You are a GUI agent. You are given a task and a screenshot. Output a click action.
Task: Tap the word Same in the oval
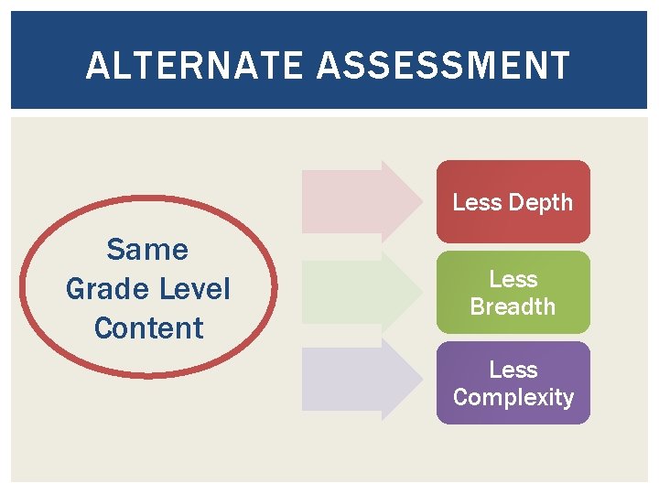[147, 249]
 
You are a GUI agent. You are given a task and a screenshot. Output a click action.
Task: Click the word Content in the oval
[148, 328]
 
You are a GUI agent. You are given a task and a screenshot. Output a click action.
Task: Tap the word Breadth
[513, 306]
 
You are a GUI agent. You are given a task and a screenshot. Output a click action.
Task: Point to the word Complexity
[513, 397]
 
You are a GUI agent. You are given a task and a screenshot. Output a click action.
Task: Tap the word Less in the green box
[513, 279]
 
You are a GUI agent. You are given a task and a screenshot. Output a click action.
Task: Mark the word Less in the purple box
[513, 370]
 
